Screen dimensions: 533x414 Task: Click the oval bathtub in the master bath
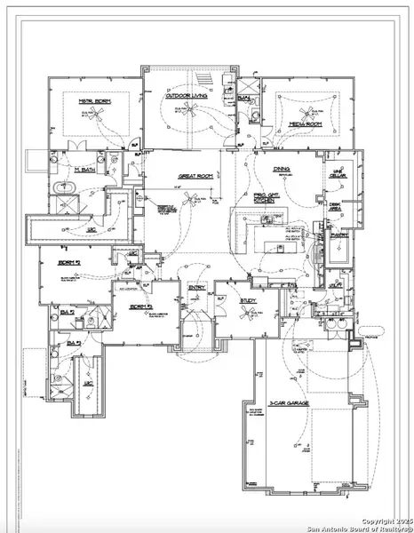[x=66, y=187]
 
